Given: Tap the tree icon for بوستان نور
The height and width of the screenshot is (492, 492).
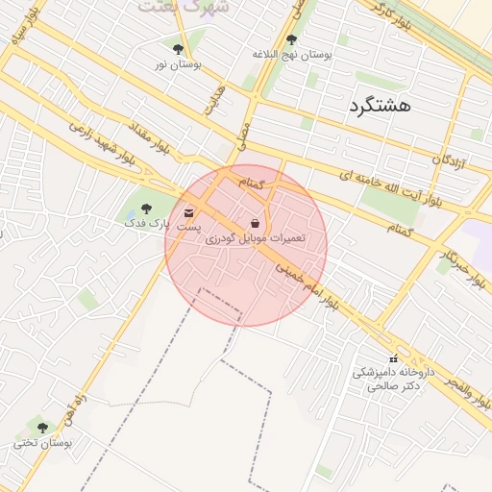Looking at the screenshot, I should tap(178, 48).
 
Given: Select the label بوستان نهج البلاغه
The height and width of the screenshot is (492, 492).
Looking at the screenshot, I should tap(291, 55).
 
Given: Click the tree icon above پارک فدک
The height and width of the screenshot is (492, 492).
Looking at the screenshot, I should tap(146, 209).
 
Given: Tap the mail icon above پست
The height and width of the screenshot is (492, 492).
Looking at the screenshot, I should tap(188, 211).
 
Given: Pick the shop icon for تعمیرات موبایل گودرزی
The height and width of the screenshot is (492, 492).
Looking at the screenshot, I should tap(254, 222).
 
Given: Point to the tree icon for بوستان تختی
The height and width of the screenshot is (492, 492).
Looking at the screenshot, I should tap(42, 428).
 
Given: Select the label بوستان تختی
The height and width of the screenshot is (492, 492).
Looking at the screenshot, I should tap(39, 443).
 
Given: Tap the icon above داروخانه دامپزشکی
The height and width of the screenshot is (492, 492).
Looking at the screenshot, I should tap(392, 358).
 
